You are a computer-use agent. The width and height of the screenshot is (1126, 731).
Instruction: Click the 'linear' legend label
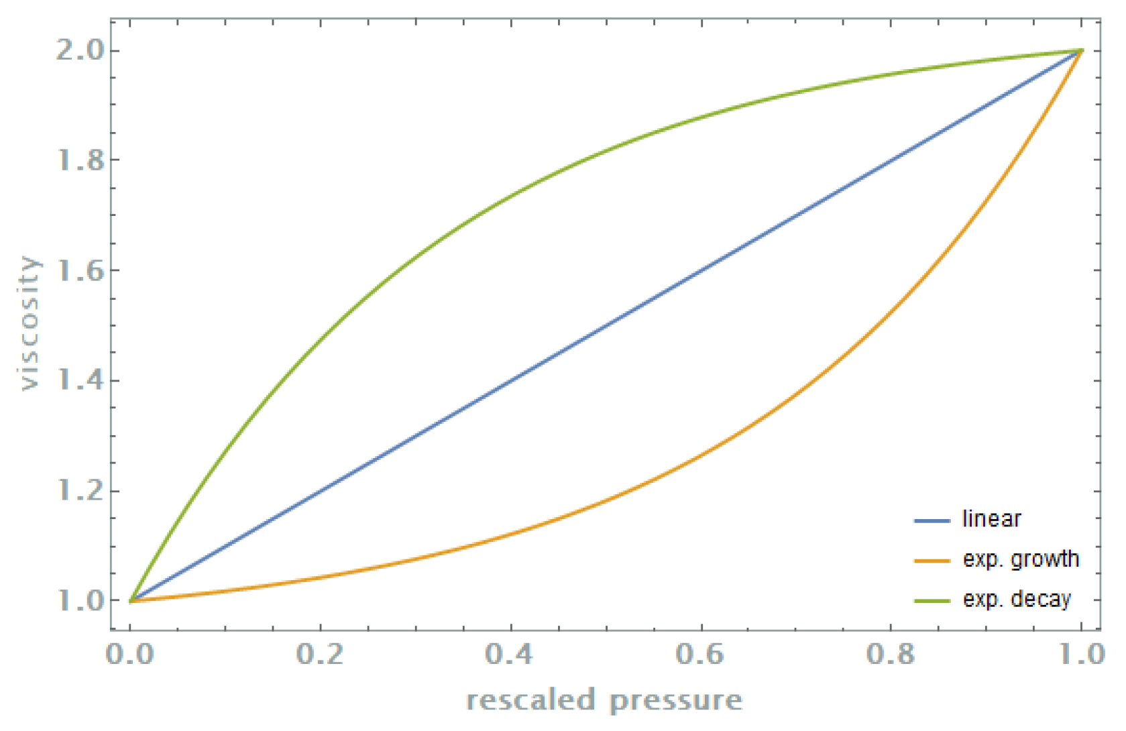[991, 519]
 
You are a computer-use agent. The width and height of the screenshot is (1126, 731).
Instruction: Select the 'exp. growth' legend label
[1021, 559]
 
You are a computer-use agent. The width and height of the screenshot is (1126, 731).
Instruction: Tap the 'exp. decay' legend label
[1017, 599]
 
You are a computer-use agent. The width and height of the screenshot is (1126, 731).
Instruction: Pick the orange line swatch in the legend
[932, 561]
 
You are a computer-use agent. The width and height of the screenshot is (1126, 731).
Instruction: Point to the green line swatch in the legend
[932, 600]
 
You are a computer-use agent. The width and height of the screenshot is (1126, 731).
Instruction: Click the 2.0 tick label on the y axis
[80, 51]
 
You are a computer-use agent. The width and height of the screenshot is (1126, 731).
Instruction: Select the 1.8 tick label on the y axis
[80, 160]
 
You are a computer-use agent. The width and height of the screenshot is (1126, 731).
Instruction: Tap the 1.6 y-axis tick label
[80, 271]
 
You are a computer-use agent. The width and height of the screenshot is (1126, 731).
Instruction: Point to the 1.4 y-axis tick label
[80, 381]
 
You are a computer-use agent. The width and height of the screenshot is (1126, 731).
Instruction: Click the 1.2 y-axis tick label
[80, 491]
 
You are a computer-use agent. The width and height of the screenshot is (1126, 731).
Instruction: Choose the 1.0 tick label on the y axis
[80, 601]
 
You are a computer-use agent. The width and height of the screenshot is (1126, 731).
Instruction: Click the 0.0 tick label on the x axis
[130, 655]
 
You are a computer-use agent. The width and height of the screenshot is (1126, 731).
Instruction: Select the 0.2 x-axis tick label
[321, 655]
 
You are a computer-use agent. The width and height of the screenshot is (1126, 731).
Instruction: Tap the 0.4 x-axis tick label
[510, 655]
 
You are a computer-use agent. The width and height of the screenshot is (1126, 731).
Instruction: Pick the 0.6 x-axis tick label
[701, 655]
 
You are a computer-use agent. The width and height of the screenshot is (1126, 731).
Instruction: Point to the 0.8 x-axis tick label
[891, 655]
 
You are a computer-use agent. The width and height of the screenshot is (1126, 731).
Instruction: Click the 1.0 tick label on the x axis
[1081, 655]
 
